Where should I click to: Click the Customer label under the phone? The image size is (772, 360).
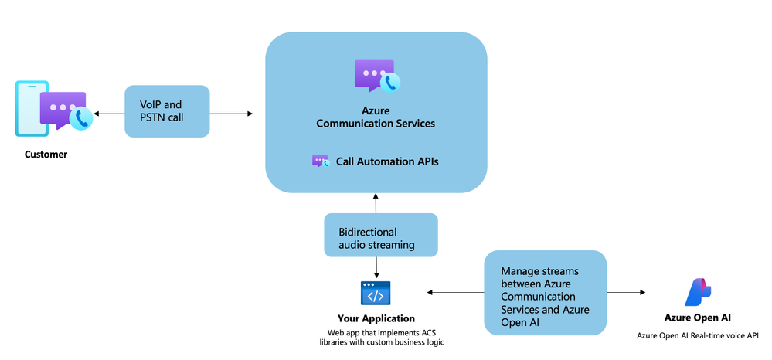pyautogui.click(x=46, y=155)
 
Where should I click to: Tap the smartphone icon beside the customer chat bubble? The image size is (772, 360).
pyautogui.click(x=29, y=108)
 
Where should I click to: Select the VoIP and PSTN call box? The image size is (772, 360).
pyautogui.click(x=167, y=111)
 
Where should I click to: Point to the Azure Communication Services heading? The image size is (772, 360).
pyautogui.click(x=376, y=117)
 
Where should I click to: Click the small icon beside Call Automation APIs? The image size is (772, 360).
pyautogui.click(x=320, y=161)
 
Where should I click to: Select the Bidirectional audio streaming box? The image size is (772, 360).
pyautogui.click(x=380, y=236)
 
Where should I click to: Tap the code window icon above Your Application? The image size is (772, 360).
pyautogui.click(x=376, y=294)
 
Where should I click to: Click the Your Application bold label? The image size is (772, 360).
pyautogui.click(x=376, y=318)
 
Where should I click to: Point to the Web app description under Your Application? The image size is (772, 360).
pyautogui.click(x=376, y=337)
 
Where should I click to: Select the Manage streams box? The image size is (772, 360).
pyautogui.click(x=545, y=294)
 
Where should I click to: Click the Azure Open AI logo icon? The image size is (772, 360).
pyautogui.click(x=697, y=292)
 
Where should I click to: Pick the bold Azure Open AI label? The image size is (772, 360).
pyautogui.click(x=697, y=318)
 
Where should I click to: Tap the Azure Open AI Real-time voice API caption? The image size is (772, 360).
pyautogui.click(x=697, y=336)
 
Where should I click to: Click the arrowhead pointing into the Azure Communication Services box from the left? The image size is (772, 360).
pyautogui.click(x=250, y=114)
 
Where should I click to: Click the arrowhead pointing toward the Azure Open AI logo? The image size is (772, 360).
pyautogui.click(x=642, y=293)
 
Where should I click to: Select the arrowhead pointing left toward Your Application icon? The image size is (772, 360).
pyautogui.click(x=430, y=293)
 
